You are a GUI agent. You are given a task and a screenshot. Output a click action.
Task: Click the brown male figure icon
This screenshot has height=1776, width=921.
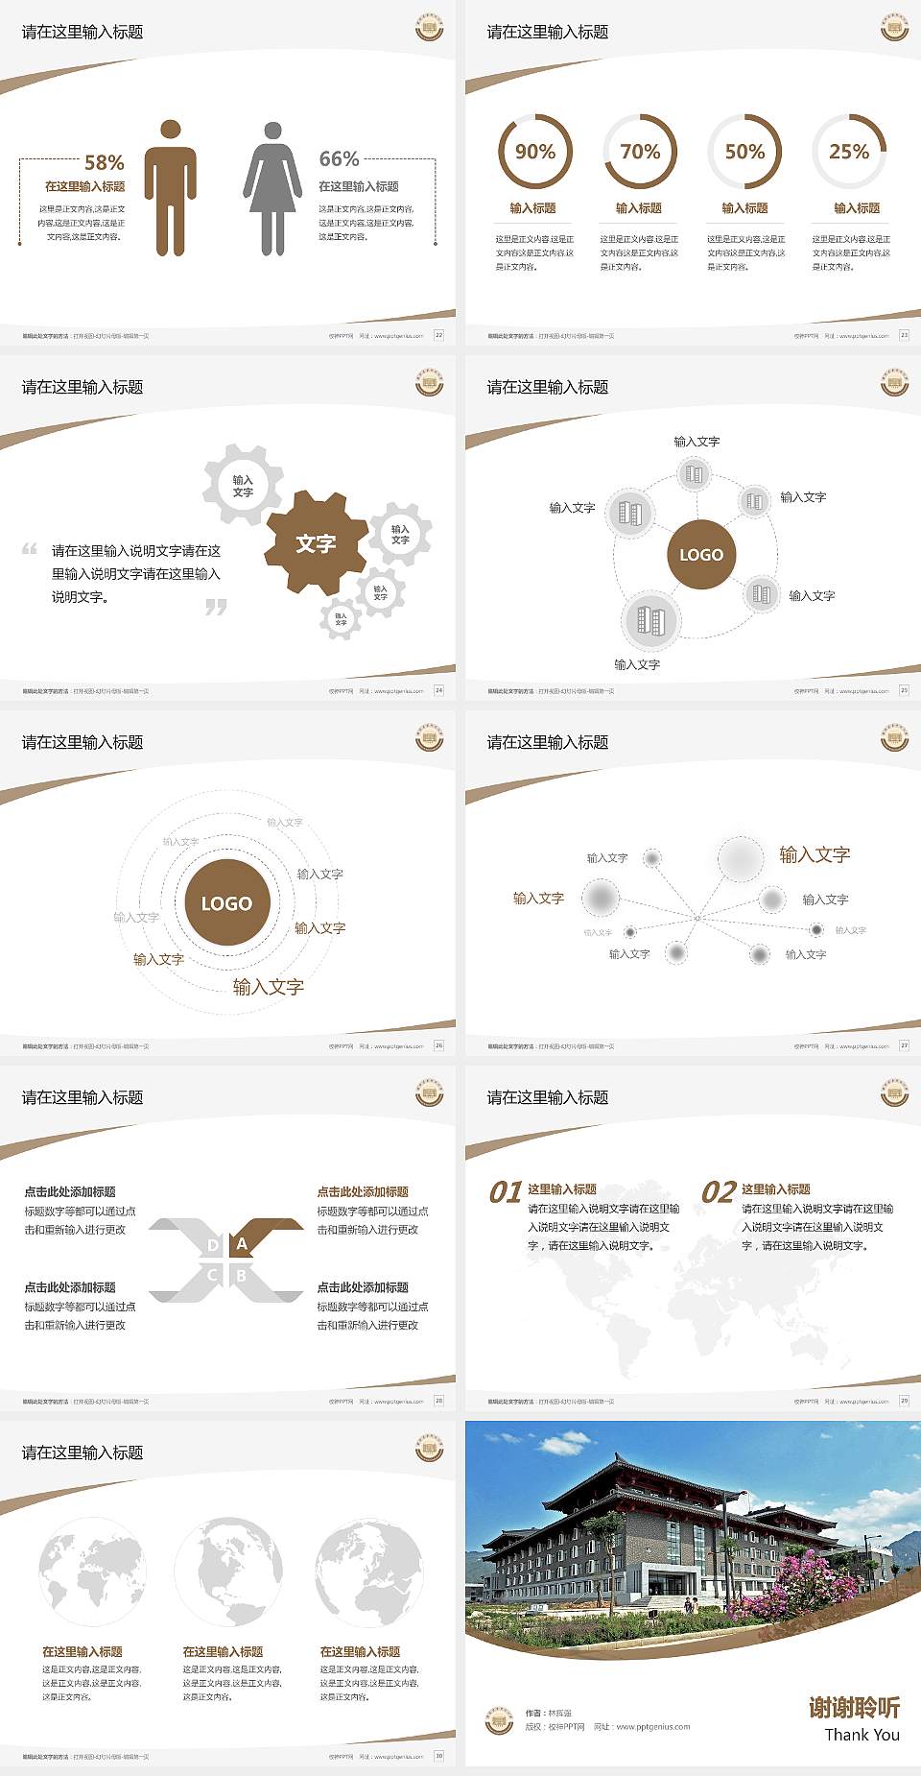click(x=170, y=188)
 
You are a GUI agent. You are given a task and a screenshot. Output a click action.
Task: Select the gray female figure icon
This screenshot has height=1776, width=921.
click(x=272, y=188)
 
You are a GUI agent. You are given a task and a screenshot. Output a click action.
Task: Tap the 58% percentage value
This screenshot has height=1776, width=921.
click(x=104, y=163)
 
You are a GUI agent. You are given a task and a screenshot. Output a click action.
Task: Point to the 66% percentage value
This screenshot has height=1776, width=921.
click(x=339, y=159)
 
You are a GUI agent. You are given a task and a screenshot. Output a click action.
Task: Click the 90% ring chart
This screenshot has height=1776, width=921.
click(x=534, y=152)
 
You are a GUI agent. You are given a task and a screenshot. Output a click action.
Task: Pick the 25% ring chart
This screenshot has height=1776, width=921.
click(x=849, y=152)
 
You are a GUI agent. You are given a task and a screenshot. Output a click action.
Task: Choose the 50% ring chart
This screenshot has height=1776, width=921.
click(x=744, y=152)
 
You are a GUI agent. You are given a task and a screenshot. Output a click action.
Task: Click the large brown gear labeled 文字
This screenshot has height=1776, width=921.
click(x=316, y=543)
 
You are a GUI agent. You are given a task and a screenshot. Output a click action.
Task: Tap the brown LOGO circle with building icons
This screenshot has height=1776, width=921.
click(x=701, y=555)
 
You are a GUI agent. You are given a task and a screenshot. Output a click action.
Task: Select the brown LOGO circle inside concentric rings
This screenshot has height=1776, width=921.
click(x=226, y=902)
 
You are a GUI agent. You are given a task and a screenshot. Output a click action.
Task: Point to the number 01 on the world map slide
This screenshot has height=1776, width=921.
click(x=506, y=1192)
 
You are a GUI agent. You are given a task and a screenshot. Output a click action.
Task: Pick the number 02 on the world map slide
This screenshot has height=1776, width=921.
click(x=719, y=1192)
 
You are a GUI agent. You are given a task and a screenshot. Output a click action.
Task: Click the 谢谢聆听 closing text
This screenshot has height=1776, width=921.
click(x=854, y=1707)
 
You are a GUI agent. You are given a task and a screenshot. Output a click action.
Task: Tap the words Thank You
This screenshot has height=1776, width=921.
click(x=862, y=1735)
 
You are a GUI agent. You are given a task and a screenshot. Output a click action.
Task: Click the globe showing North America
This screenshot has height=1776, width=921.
click(x=228, y=1572)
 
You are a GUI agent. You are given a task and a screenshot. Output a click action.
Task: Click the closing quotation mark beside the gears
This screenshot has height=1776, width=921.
click(x=216, y=607)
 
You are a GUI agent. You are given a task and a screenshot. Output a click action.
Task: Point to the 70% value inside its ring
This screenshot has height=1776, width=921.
click(x=640, y=152)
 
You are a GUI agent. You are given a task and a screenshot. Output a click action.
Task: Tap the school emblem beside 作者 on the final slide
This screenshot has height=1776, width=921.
click(x=498, y=1719)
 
